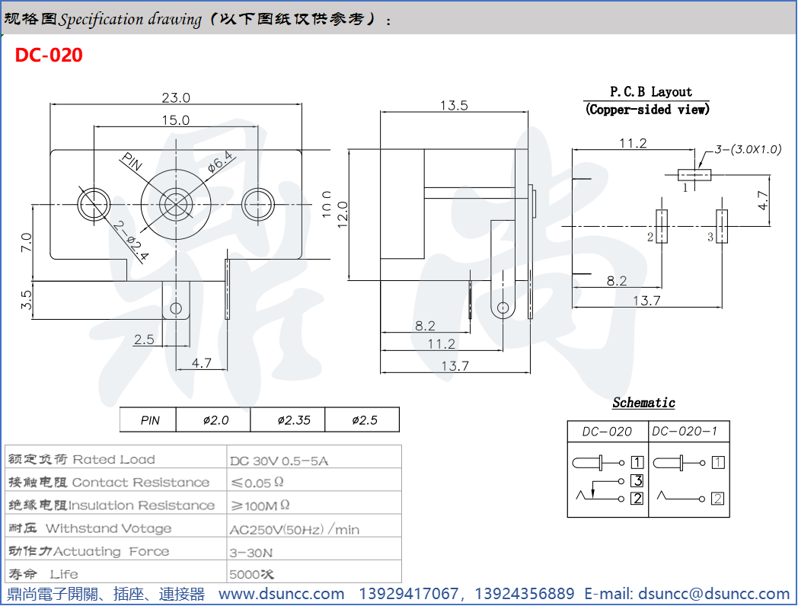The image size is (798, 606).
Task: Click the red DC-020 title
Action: pos(49,56)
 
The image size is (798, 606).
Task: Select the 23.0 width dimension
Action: pos(176,97)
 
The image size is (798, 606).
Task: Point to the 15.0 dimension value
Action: pos(175,120)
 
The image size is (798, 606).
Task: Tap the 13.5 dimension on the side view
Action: pos(454,106)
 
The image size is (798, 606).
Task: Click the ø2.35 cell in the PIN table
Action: pos(294,420)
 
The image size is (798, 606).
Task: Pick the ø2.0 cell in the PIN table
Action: pos(215,420)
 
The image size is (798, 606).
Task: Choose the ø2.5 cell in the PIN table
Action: pos(364,420)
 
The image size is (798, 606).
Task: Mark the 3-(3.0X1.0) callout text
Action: pos(749,149)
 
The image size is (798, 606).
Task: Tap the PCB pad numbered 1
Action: pos(695,175)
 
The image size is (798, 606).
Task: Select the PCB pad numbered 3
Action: pos(722,227)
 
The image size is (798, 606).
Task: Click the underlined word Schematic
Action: pos(643,403)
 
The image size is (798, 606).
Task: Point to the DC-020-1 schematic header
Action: pos(685,432)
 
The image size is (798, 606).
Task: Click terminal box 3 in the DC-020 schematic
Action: pos(637,480)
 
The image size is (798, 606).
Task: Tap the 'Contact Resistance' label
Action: pos(141,483)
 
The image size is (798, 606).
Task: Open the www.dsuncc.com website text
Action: pos(282,594)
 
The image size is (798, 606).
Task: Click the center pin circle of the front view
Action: pos(175,203)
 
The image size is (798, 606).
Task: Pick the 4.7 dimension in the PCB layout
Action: pos(763,201)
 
